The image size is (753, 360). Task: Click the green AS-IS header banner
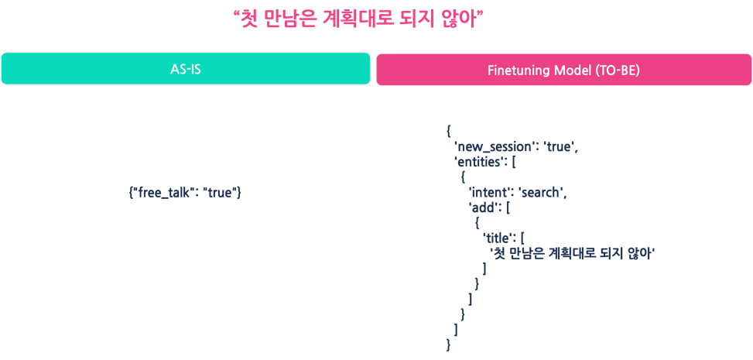[186, 69]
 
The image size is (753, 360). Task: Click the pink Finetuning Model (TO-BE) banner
[564, 69]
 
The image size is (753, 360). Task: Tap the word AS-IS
[186, 69]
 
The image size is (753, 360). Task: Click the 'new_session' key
[490, 148]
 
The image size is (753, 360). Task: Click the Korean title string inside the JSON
[573, 253]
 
